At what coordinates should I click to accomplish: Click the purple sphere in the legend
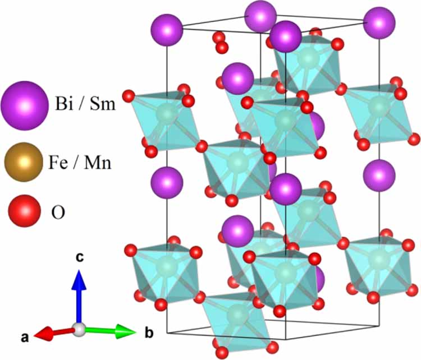coord(25,105)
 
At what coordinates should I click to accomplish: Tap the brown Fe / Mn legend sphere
coord(24,162)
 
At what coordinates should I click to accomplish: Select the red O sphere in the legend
coord(25,211)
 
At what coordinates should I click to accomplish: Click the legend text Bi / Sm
coord(85,103)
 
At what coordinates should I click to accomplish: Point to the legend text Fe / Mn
coord(80,162)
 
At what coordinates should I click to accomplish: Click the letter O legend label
coord(58,213)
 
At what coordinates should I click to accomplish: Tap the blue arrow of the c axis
coord(79,297)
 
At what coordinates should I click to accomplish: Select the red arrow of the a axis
coord(54,333)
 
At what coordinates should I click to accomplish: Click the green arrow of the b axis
coord(110,331)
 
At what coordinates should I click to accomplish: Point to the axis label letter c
coord(80,257)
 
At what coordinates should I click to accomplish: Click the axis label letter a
coord(25,337)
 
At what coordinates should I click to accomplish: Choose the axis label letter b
coord(149,333)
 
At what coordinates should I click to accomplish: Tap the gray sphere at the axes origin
coord(80,329)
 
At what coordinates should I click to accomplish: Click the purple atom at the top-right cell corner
coord(379,23)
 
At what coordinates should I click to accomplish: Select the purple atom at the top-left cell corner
coord(167,30)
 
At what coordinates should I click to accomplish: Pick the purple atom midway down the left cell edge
coord(167,183)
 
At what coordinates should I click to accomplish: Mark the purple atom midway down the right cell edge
coord(379,176)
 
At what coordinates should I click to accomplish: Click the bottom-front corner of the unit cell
coord(285,340)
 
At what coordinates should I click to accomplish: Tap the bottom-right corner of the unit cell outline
coord(379,326)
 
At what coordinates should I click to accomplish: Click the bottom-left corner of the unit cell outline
coord(167,333)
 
